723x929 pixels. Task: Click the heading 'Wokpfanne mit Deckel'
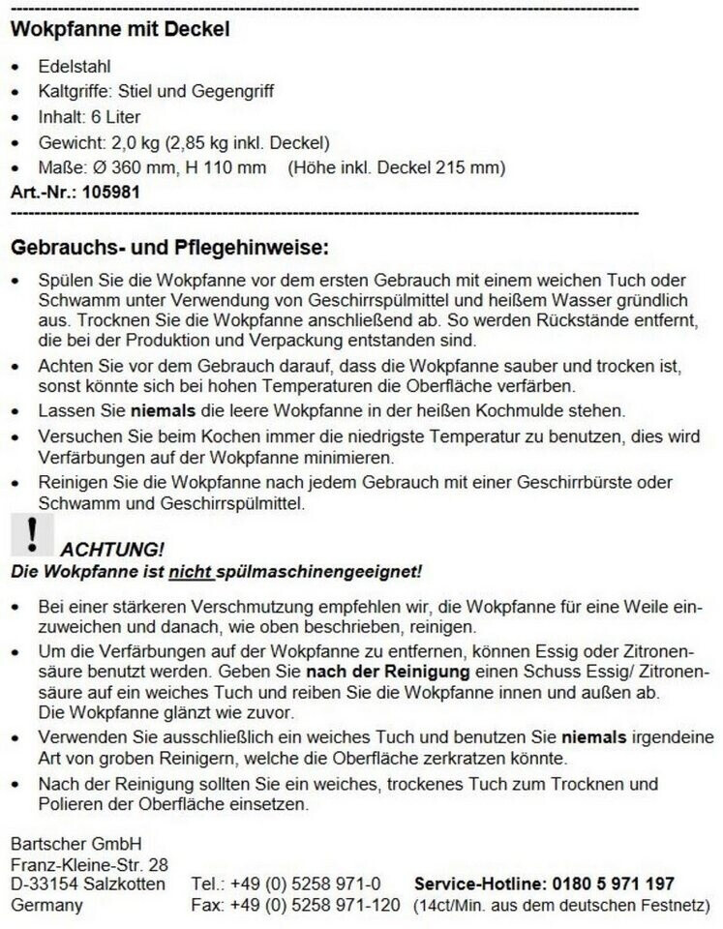click(120, 29)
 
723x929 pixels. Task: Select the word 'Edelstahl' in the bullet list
click(75, 67)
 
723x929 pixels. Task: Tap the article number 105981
click(111, 192)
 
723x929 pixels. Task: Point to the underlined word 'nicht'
click(188, 571)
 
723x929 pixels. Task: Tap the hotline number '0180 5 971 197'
click(614, 884)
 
